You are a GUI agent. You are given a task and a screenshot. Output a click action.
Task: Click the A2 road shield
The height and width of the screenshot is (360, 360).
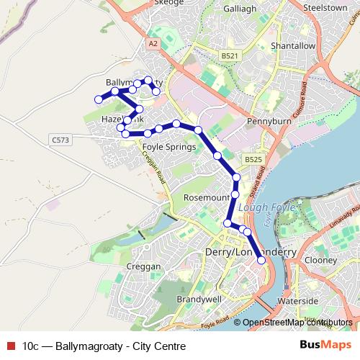152,45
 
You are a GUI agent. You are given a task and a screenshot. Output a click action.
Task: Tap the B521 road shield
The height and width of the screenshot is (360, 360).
230,55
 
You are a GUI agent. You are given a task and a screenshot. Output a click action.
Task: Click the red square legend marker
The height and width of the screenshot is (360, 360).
10,346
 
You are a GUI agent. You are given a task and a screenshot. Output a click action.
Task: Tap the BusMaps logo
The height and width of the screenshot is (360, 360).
325,346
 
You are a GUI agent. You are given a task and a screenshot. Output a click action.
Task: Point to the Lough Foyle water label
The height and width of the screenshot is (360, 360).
260,206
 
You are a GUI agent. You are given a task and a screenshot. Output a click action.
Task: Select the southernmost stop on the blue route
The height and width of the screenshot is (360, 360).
261,271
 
